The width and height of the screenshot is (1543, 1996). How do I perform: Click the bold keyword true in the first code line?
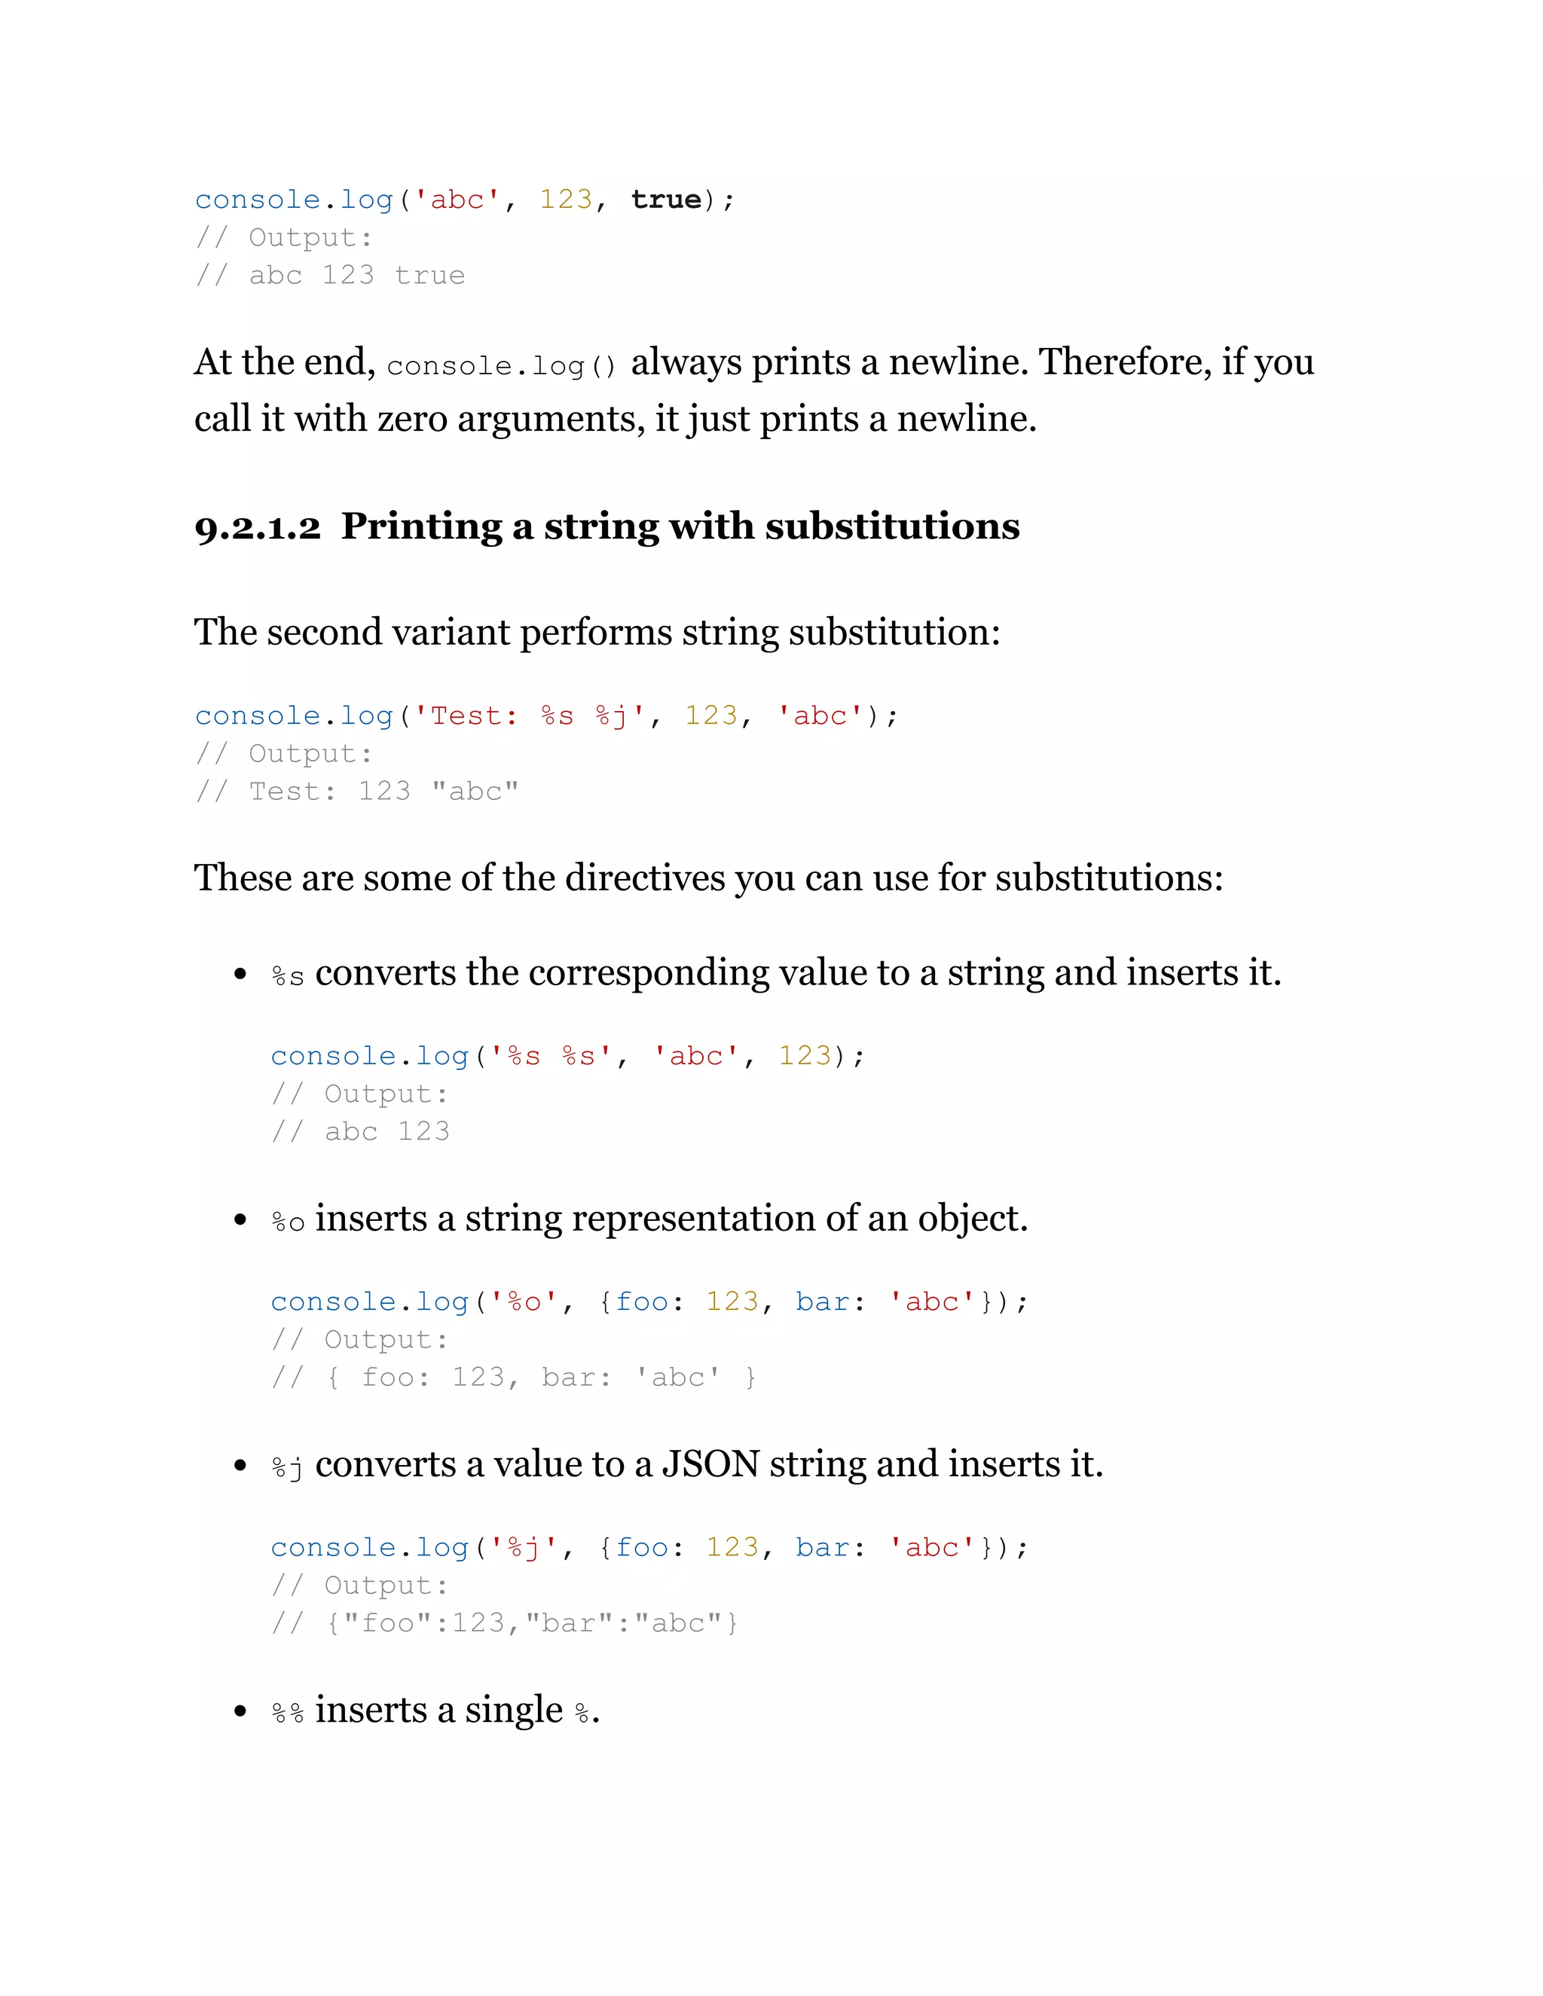click(665, 200)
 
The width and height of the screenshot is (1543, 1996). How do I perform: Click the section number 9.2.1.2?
click(258, 528)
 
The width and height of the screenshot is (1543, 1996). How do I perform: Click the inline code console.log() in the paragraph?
click(501, 365)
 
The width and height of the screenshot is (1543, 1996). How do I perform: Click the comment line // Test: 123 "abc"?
click(356, 792)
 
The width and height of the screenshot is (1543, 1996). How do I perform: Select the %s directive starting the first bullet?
click(287, 976)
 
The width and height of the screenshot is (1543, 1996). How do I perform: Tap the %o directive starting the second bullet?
click(287, 1222)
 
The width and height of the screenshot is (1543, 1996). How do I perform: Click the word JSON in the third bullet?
click(710, 1465)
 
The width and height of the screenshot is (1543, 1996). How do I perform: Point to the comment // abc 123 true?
click(330, 276)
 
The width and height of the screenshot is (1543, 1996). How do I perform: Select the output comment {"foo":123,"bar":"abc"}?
click(531, 1623)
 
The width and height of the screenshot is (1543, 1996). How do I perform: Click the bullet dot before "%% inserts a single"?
click(240, 1712)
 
